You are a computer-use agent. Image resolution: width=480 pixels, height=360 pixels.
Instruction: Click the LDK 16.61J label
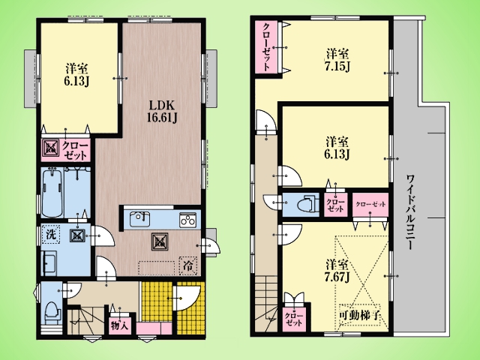(162, 112)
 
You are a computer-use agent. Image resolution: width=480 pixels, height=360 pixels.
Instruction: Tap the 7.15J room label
(337, 60)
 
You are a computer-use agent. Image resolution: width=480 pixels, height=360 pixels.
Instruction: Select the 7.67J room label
(337, 271)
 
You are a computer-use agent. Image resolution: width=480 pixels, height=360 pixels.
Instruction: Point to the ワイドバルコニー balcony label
(411, 211)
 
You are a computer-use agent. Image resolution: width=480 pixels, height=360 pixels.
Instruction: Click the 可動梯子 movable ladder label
(360, 315)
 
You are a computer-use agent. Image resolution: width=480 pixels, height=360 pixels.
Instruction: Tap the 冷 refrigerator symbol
(188, 265)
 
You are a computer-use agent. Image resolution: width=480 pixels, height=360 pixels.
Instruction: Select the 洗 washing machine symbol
(51, 235)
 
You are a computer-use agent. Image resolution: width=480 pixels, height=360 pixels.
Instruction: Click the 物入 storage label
(119, 325)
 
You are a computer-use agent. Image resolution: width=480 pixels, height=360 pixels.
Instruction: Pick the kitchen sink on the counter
(139, 218)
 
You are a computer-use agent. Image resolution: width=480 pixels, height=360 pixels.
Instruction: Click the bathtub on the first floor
(52, 193)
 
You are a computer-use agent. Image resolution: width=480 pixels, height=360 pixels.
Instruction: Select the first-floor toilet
(51, 313)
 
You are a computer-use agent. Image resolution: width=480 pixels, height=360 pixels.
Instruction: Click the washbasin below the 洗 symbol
(49, 262)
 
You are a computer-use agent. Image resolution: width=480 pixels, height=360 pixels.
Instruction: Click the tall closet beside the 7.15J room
(266, 46)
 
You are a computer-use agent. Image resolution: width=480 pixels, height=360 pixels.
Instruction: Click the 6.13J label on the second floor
(337, 148)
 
